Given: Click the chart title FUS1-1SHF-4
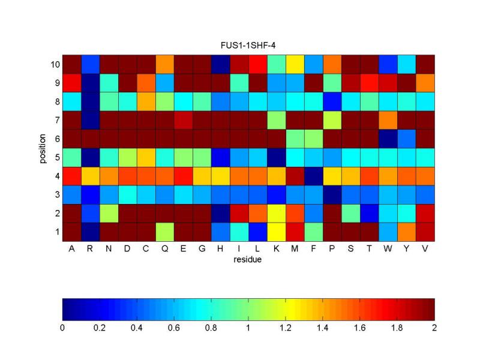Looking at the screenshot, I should click(248, 45).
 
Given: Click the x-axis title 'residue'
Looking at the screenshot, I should click(248, 260).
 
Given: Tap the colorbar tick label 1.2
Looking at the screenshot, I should click(286, 328).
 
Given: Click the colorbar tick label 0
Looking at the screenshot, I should click(62, 328).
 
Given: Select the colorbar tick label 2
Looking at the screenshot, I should click(434, 328).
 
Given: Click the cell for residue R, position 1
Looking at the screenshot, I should click(90, 232).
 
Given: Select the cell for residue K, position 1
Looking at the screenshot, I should click(277, 232).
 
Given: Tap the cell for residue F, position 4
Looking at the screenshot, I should click(314, 176).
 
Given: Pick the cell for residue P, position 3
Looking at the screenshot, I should click(332, 194).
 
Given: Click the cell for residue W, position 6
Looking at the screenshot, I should click(388, 139).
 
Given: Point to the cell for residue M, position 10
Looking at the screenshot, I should click(295, 64).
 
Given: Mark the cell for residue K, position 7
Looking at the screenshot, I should click(277, 120).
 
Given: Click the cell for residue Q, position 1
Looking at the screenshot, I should click(165, 232).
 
